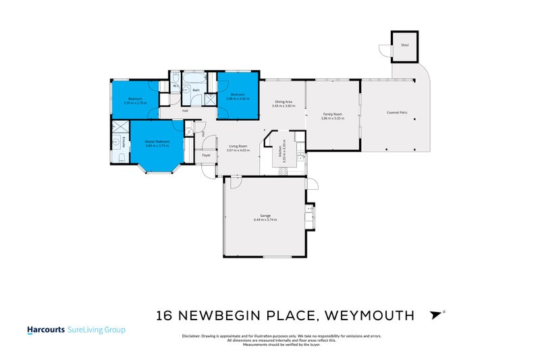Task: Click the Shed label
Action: tap(405, 45)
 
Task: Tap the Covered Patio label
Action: tap(397, 112)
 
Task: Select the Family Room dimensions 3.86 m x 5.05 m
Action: tap(332, 118)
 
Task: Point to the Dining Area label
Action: tap(284, 101)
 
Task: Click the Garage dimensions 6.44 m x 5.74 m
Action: tap(265, 220)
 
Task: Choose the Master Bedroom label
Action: tap(157, 140)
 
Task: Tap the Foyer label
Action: tap(207, 156)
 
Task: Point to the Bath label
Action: tap(196, 90)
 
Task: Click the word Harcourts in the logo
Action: tap(45, 330)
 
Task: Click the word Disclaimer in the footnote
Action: tap(192, 336)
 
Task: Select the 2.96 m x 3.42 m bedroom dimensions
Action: tap(238, 99)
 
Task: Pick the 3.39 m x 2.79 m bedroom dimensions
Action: tap(136, 103)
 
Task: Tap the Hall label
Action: tap(184, 111)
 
